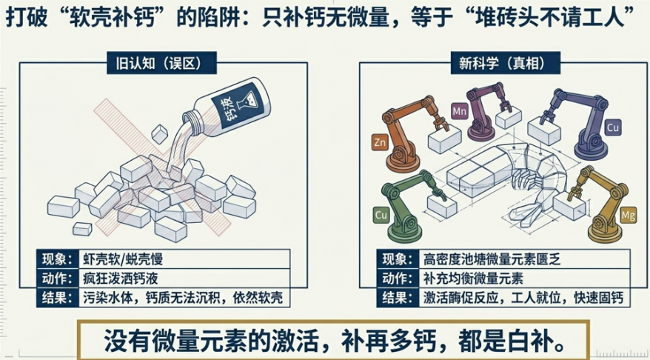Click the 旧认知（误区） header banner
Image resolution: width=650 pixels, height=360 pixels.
click(x=161, y=63)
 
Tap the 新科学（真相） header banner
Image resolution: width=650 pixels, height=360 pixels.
click(x=506, y=63)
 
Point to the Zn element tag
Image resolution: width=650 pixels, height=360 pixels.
click(x=380, y=143)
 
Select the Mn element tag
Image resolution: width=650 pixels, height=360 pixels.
click(x=459, y=111)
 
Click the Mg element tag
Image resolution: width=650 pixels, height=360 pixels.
click(x=629, y=216)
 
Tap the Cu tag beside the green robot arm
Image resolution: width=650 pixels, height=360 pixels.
click(x=381, y=216)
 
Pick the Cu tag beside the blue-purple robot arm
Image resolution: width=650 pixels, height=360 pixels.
click(x=613, y=127)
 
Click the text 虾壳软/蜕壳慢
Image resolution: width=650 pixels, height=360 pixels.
click(x=123, y=259)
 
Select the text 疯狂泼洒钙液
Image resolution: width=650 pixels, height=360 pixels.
click(x=120, y=279)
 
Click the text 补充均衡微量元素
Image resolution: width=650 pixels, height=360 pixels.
click(x=473, y=279)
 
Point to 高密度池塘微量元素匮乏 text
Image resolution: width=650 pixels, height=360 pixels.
click(x=492, y=259)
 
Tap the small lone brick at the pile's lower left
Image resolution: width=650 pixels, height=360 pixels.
click(x=82, y=229)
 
